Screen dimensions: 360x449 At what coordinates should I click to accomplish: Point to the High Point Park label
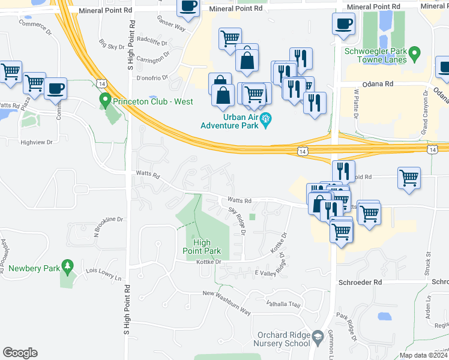203,247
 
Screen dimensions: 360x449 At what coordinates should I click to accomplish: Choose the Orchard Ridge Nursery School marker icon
318,340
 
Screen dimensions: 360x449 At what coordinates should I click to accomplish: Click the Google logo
20,353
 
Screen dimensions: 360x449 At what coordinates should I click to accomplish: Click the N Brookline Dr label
108,224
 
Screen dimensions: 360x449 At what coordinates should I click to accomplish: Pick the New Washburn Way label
226,301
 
